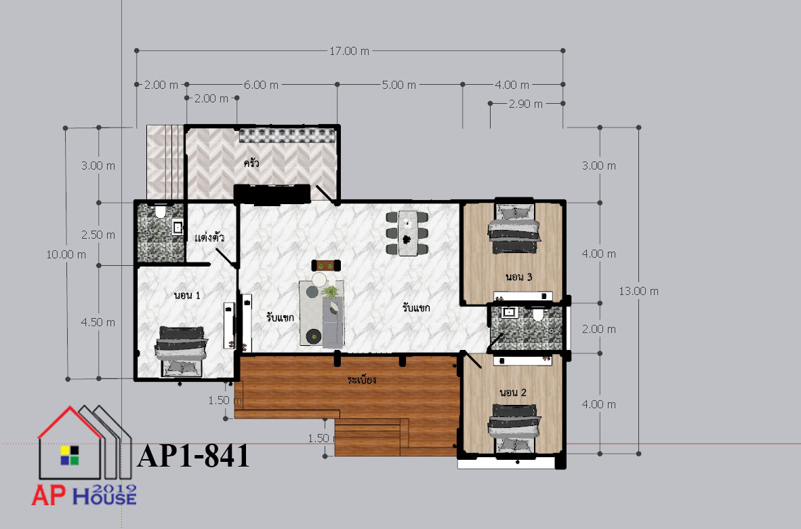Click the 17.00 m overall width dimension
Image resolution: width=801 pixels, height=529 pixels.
(350, 51)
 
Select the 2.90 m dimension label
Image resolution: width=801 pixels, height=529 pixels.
(526, 104)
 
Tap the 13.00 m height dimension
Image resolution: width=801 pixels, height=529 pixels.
(638, 291)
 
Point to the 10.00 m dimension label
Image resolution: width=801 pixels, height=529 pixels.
(66, 254)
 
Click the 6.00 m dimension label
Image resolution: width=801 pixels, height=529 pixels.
(261, 85)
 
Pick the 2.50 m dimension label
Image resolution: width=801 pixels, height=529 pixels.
(98, 235)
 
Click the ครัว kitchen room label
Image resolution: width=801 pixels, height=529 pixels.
(251, 163)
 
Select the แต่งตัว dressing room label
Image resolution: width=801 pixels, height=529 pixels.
(209, 237)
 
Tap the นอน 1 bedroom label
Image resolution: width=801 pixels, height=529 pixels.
(187, 295)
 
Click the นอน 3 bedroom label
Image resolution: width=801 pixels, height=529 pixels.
(519, 277)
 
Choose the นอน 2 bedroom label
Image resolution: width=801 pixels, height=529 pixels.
(513, 393)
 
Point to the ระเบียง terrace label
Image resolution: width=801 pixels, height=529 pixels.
(362, 380)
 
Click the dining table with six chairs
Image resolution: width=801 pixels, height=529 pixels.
(407, 233)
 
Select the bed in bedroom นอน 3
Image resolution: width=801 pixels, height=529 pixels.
(514, 229)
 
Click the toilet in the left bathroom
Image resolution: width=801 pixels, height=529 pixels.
(161, 211)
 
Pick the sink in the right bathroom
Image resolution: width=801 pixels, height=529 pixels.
(509, 312)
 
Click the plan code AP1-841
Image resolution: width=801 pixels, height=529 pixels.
(194, 455)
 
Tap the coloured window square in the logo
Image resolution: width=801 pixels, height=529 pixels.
(70, 455)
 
